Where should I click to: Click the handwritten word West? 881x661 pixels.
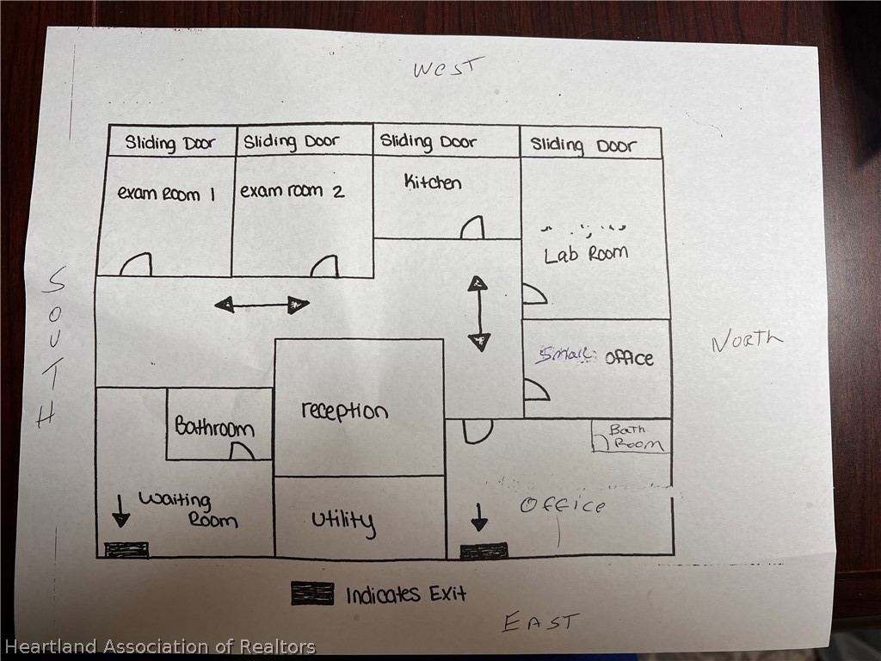448,68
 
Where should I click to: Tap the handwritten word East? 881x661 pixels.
541,621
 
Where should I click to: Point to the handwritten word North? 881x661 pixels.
747,341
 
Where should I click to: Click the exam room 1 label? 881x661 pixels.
166,193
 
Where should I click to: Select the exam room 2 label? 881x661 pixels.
292,191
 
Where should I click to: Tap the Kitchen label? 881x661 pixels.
433,182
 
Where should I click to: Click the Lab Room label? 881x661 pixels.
586,254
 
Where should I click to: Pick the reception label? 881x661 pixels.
344,411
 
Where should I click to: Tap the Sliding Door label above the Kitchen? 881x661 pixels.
428,142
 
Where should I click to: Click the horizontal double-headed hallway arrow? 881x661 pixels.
262,304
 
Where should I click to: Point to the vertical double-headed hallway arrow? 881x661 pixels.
478,312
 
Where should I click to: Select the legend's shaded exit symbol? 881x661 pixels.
311,593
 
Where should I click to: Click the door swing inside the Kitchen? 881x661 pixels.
471,228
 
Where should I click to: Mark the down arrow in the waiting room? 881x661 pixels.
120,510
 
